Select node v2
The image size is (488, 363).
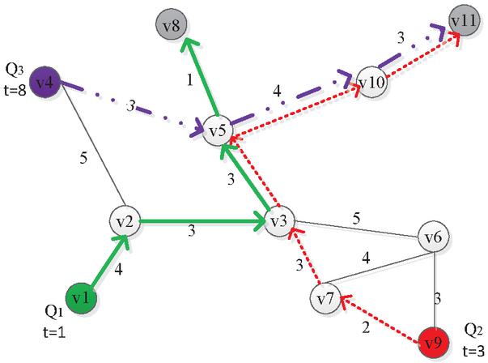pyautogui.click(x=125, y=221)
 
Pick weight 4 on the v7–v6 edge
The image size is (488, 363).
pyautogui.click(x=367, y=260)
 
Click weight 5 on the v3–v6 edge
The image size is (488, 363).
pyautogui.click(x=355, y=217)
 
